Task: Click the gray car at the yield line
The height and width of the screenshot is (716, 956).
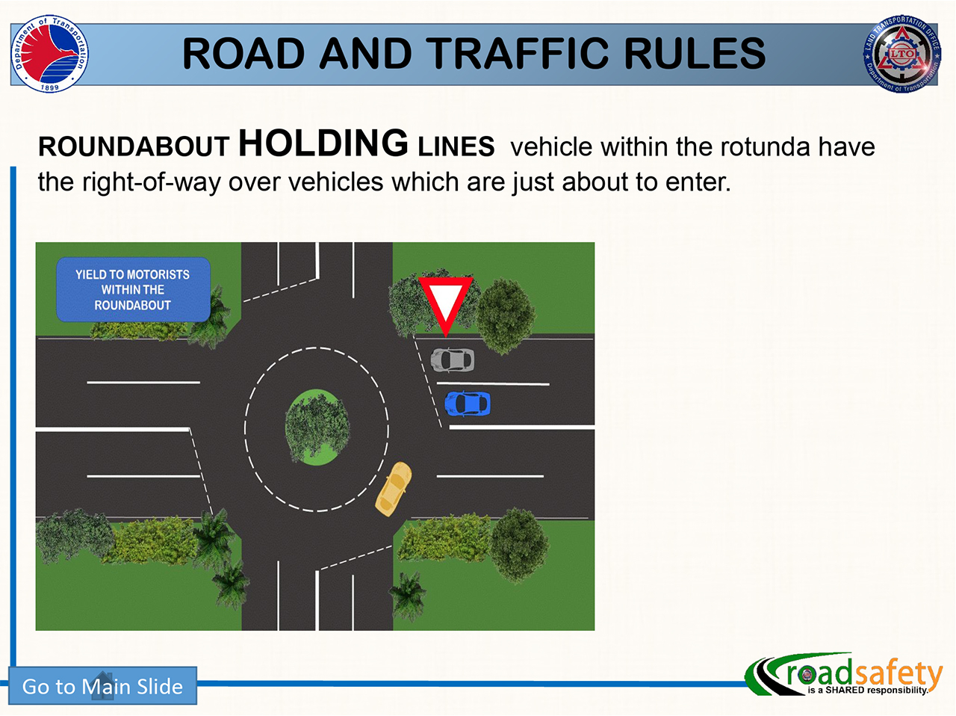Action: [452, 359]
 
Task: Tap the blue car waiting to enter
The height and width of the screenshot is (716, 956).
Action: [468, 404]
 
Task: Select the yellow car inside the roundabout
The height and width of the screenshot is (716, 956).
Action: [394, 489]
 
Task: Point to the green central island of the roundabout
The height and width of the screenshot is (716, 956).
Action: [317, 427]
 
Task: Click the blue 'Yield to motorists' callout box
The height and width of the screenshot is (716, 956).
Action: [133, 289]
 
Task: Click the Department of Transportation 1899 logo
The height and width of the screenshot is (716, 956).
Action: [49, 54]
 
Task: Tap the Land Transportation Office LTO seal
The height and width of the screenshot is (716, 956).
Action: [902, 54]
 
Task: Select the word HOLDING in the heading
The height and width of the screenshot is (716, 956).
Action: [323, 143]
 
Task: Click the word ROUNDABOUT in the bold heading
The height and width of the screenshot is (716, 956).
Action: [134, 146]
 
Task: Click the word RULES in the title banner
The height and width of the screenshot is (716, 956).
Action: [695, 53]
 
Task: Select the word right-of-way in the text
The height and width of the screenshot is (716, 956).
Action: [151, 182]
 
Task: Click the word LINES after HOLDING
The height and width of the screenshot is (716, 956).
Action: [456, 146]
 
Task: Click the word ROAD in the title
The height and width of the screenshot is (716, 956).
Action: [243, 53]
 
